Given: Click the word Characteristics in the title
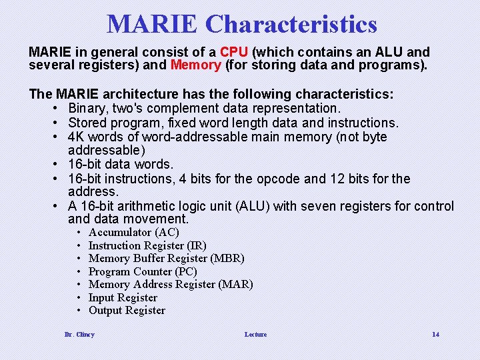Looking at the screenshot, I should pyautogui.click(x=291, y=25).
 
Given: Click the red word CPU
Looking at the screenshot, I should pyautogui.click(x=234, y=52).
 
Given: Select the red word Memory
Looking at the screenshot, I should pyautogui.click(x=196, y=65).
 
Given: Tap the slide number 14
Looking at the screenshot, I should pyautogui.click(x=435, y=334).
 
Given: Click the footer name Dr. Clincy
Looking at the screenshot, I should pyautogui.click(x=79, y=334).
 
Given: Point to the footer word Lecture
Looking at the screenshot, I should pyautogui.click(x=255, y=334).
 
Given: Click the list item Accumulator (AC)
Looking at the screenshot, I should pyautogui.click(x=133, y=233).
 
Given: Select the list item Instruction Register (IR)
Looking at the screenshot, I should pyautogui.click(x=147, y=245).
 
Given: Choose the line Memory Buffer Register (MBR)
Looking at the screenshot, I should pyautogui.click(x=166, y=259).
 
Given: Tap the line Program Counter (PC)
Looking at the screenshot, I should pyautogui.click(x=143, y=271).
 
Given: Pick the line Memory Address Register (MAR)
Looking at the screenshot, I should pyautogui.click(x=171, y=285).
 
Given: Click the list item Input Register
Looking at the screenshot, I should pyautogui.click(x=123, y=297).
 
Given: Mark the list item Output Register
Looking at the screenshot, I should pyautogui.click(x=127, y=311).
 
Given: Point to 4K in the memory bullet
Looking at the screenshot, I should pyautogui.click(x=77, y=137).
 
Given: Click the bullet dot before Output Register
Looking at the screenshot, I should pyautogui.click(x=79, y=311).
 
